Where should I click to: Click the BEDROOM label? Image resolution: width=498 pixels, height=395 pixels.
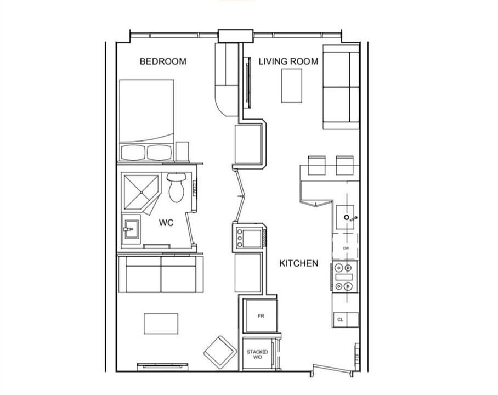pos(163,61)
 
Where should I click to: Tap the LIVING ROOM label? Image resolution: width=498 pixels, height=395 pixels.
pos(288,61)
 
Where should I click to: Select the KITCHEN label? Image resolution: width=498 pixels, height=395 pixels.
pos(299,263)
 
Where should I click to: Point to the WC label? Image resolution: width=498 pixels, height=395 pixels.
pos(166,223)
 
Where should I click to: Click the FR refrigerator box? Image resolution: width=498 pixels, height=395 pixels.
pos(261,316)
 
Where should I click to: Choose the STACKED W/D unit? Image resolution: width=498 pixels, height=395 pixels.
pos(258,354)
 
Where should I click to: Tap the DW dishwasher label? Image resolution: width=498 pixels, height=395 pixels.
pos(346,248)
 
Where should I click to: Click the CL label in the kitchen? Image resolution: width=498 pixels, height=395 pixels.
pos(340,320)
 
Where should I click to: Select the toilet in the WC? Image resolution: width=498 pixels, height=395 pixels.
pos(176,188)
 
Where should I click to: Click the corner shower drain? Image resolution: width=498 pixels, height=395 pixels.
pos(141,192)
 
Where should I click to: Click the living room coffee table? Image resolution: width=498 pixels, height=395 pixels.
pos(292,86)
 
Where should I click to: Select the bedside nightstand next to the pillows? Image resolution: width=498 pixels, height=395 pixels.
pos(182,151)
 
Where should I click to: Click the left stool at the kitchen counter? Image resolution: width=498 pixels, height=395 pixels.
pos(316,165)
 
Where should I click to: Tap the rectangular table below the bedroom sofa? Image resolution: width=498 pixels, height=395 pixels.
pos(161,324)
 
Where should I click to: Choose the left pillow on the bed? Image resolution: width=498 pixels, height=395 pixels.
pos(133,153)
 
